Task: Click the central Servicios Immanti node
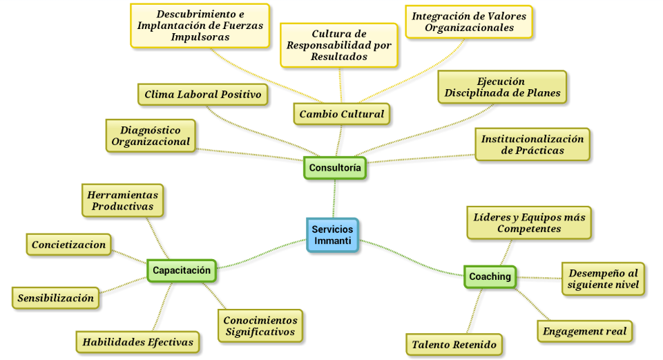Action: [332, 235]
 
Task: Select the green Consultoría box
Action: [335, 167]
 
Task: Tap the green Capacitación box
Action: [182, 270]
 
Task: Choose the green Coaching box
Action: [490, 276]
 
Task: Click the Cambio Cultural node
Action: [341, 114]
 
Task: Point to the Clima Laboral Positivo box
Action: [203, 95]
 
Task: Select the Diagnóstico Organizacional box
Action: [151, 135]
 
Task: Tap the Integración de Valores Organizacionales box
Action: [469, 21]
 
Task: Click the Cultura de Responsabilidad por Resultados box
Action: [339, 45]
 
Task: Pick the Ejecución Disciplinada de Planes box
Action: [502, 87]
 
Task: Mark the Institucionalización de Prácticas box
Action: [532, 144]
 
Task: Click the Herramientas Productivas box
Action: [123, 200]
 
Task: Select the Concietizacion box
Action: [69, 245]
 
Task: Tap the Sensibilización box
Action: [56, 298]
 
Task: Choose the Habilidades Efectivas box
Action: [138, 341]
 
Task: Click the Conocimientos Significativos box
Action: [260, 325]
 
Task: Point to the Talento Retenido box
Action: [454, 344]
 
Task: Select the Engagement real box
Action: [584, 331]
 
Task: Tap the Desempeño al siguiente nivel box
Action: [603, 278]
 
